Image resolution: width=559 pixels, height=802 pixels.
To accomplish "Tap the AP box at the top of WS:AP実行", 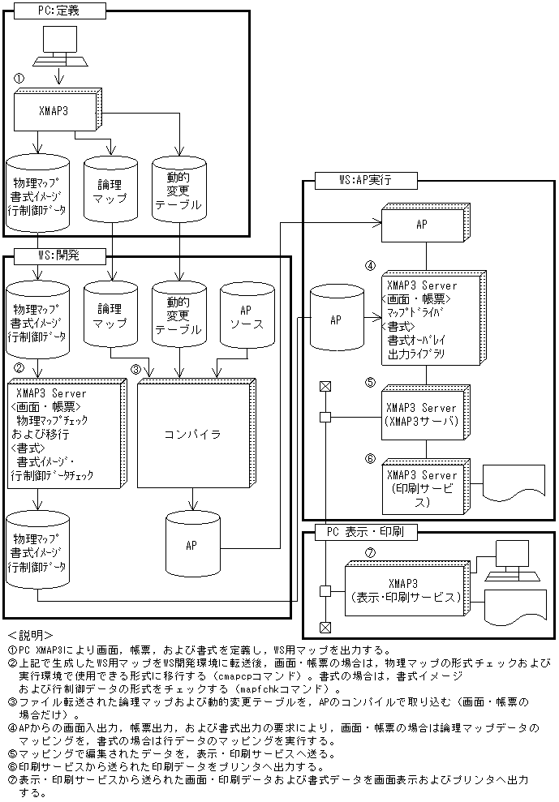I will click(x=421, y=224).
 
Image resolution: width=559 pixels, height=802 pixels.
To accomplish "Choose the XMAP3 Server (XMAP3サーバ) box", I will click(x=422, y=414).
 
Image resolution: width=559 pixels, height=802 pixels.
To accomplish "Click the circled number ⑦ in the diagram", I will click(x=369, y=552).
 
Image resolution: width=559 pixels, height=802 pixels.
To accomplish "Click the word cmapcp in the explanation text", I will click(x=236, y=675).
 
